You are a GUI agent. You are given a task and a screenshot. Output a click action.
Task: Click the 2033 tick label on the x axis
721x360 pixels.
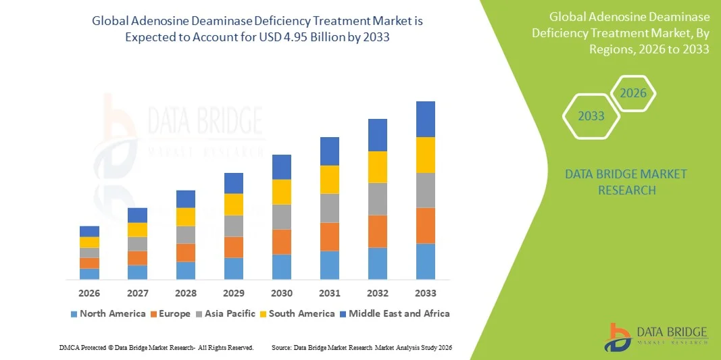pos(426,293)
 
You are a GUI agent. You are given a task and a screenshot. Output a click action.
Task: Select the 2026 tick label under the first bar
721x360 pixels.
pos(89,293)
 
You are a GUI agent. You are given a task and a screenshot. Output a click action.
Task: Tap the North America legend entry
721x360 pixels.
pos(107,313)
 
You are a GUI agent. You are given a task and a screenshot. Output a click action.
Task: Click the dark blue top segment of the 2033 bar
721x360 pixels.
pos(426,119)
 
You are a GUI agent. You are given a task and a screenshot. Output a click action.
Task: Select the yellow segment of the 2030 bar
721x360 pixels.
pos(282,192)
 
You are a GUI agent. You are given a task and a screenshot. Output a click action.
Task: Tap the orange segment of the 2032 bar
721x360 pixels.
pos(378,231)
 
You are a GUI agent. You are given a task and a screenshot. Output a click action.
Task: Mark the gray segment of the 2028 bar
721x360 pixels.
pos(186,234)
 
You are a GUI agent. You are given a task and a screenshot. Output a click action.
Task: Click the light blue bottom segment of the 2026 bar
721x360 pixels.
pos(89,274)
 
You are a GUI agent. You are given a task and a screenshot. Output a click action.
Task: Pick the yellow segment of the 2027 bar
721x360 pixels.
pos(137,230)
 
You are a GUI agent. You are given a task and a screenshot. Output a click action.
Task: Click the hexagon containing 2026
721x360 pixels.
pos(633,93)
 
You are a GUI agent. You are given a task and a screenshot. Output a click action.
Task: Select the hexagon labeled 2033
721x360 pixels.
pos(591,116)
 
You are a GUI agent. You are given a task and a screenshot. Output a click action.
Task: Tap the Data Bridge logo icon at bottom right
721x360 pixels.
pos(618,336)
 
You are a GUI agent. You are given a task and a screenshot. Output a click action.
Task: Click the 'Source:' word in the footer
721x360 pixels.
pos(281,347)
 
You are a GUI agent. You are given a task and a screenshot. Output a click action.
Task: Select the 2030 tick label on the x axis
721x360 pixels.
pos(282,293)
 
